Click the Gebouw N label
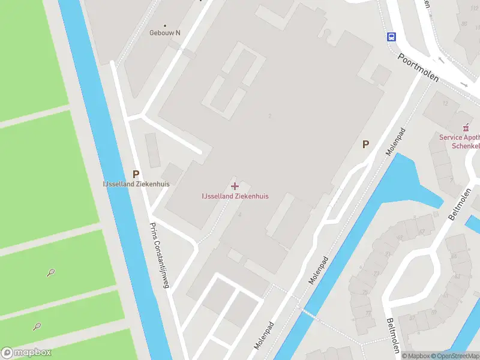pos(164,33)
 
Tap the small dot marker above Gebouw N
pos(164,25)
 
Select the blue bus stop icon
pos(391,37)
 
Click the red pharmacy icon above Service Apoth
pos(466,128)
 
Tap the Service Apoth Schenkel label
pos(460,142)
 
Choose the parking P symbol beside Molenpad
pos(365,144)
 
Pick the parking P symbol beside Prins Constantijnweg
pos(136,173)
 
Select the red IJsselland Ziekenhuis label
pos(235,196)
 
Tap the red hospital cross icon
pos(235,186)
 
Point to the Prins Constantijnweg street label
pos(160,255)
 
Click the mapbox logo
pos(26,353)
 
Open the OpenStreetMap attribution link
pos(455,356)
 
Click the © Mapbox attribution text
pos(416,356)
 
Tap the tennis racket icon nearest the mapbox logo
pos(37,327)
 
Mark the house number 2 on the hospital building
pos(271,116)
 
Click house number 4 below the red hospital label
pos(239,214)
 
